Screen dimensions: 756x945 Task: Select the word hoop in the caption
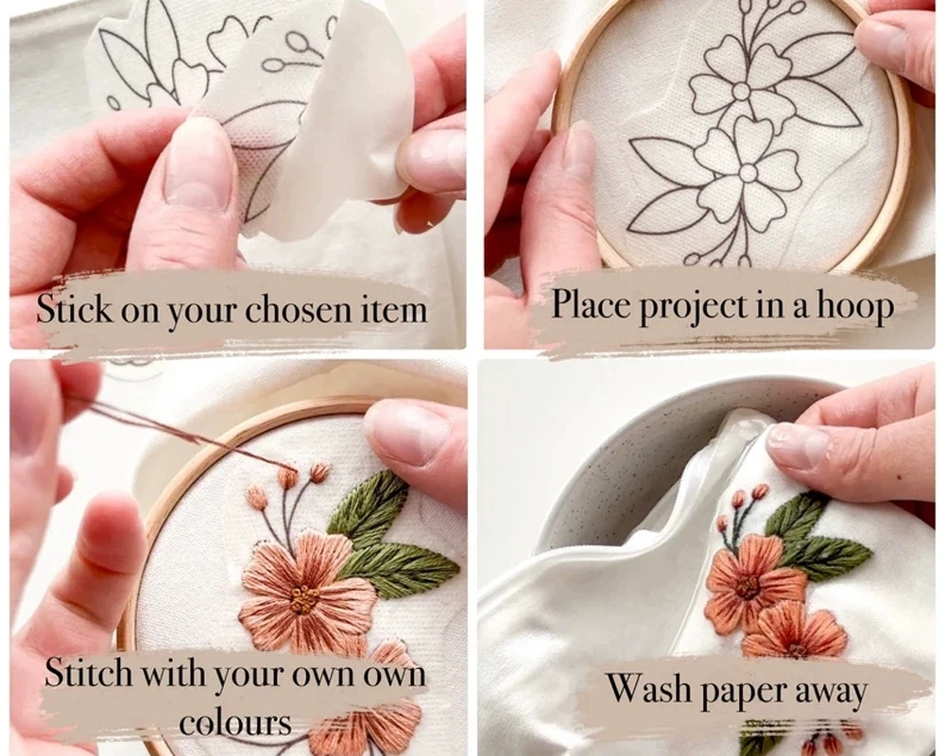[855, 306]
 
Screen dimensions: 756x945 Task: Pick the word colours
[235, 722]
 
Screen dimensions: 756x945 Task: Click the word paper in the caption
[742, 692]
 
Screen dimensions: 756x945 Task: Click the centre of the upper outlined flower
[742, 91]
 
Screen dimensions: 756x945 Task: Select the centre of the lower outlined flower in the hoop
[747, 173]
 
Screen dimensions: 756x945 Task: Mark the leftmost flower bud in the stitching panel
[256, 497]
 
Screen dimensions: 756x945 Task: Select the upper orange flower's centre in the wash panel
[747, 586]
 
